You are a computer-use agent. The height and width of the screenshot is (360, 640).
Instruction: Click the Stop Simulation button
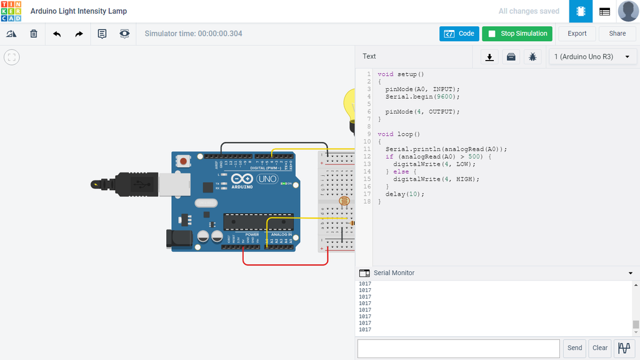pos(517,34)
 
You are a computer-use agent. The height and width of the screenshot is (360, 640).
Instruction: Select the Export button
pos(577,34)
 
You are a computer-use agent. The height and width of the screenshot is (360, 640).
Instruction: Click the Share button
pos(617,34)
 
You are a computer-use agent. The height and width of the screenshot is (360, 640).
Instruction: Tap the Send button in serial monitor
pos(574,348)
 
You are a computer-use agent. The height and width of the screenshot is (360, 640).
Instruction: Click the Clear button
pos(600,348)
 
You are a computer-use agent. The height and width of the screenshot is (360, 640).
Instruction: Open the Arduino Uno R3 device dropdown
pos(592,57)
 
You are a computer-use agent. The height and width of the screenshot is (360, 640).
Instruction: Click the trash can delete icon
pos(34,34)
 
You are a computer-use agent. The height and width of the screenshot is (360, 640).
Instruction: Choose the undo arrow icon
pos(57,34)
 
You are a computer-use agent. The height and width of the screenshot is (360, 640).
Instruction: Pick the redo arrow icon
pos(79,34)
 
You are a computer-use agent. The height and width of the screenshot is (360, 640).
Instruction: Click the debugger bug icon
pos(532,57)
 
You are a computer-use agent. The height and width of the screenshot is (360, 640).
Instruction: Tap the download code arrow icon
pos(490,57)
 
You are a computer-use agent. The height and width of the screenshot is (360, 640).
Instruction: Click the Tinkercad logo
pos(11,11)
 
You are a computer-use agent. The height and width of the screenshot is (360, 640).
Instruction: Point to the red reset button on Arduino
pos(183,161)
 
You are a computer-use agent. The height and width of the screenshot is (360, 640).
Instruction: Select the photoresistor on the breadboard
pos(343,201)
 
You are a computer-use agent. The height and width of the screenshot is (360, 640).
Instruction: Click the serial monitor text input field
pos(458,348)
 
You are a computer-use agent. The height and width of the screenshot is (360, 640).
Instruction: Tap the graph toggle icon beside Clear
pos(624,348)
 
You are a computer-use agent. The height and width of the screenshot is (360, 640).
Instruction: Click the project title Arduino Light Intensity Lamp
pos(79,11)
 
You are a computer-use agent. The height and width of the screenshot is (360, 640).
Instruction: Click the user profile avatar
pos(627,11)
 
